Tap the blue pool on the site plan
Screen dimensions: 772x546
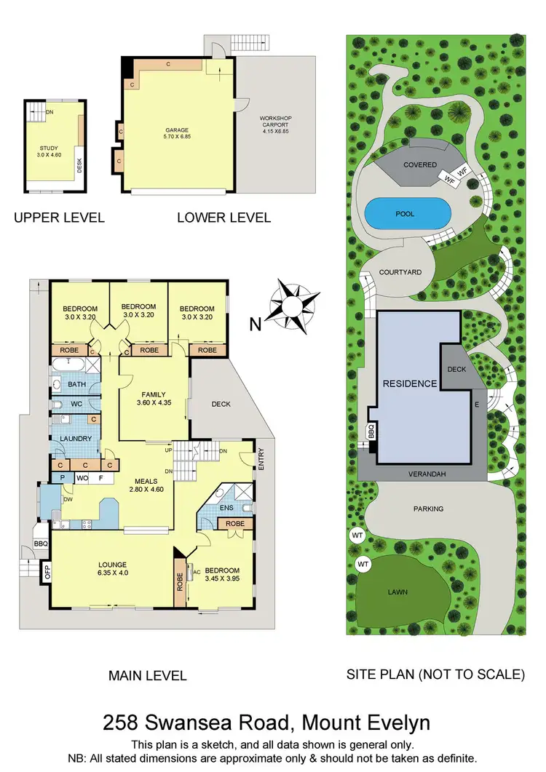[x=407, y=213]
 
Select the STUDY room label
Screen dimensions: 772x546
[x=49, y=148]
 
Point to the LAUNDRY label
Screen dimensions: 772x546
[x=75, y=439]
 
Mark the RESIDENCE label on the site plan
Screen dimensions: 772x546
[x=410, y=383]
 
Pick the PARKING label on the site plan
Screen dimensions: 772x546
[x=429, y=509]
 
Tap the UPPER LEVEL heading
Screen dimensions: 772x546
[x=59, y=217]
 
